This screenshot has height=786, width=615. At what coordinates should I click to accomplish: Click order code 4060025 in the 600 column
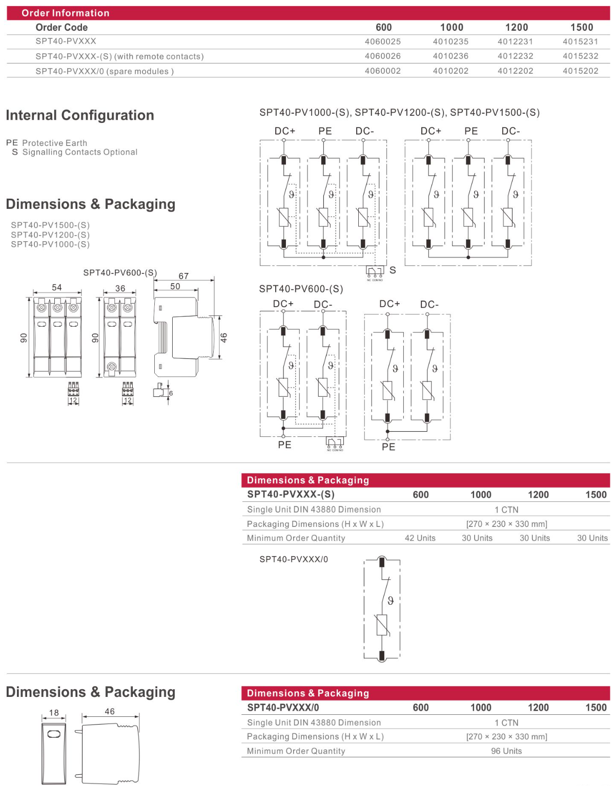coord(383,41)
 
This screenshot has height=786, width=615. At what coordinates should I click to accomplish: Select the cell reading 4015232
coord(580,56)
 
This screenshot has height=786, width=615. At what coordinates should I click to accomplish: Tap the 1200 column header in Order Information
coord(516,27)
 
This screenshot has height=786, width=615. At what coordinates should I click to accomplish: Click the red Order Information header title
coord(66,13)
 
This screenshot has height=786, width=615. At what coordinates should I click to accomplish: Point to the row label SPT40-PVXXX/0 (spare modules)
coord(105,71)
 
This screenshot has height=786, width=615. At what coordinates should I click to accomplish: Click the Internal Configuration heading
coord(80,115)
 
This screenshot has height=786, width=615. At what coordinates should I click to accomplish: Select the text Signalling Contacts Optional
coord(80,152)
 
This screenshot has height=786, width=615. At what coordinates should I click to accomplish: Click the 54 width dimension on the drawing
coord(57,287)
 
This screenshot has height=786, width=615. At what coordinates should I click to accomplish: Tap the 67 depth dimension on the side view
coord(183,276)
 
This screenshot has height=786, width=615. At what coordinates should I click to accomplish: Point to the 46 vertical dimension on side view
coord(224,337)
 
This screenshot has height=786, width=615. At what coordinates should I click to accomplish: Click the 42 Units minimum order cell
coord(420,538)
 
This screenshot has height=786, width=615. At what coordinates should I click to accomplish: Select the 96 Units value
coord(506,751)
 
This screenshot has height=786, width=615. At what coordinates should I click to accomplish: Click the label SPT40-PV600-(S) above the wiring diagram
coord(301,289)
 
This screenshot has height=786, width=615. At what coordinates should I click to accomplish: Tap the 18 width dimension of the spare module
coord(54,712)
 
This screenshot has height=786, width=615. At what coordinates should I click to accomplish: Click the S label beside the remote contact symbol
coord(393,270)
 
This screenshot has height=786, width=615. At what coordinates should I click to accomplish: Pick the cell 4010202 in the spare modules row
coord(450,71)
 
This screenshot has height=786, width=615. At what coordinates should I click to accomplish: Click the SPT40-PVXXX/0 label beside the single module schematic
coord(294,559)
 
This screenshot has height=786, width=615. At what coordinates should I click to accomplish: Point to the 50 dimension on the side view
coord(175,286)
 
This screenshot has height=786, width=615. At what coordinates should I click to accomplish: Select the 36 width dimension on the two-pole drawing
coord(120,288)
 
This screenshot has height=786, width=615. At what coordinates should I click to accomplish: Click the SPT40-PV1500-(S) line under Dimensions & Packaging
coord(50,225)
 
